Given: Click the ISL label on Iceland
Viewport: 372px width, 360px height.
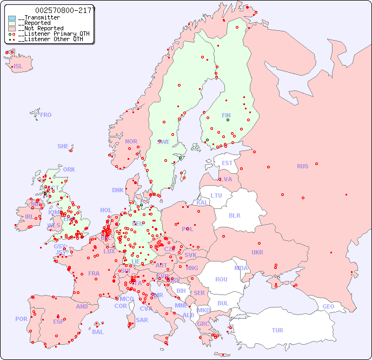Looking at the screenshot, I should point(18,67).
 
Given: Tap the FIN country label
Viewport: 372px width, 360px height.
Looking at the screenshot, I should point(226,115).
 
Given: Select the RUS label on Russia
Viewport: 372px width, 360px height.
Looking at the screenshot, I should point(302,166).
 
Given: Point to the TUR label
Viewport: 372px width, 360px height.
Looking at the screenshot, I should point(277,330).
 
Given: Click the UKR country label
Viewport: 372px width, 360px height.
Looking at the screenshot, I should point(257,252).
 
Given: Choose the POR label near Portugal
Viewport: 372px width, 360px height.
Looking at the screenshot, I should point(21,319).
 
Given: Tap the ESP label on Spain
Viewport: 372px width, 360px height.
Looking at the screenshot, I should point(58,321).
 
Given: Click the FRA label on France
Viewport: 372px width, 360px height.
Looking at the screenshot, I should point(94,273).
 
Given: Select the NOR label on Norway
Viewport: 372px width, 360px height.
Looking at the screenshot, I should point(131,141).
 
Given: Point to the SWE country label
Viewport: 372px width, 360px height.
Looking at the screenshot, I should point(163,142).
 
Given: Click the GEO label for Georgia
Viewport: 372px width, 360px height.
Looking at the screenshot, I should point(328,306).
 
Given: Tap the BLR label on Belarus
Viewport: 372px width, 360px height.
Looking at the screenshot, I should point(234,215).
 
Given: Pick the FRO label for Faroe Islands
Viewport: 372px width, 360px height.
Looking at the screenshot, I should point(46,115).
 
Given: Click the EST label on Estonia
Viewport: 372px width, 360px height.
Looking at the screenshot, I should point(227,163).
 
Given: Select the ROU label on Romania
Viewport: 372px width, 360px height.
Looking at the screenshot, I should point(221,279).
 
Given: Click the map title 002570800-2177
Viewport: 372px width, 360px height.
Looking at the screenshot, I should point(65,10).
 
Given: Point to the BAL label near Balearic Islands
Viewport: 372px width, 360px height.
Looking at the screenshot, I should point(98,332).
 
